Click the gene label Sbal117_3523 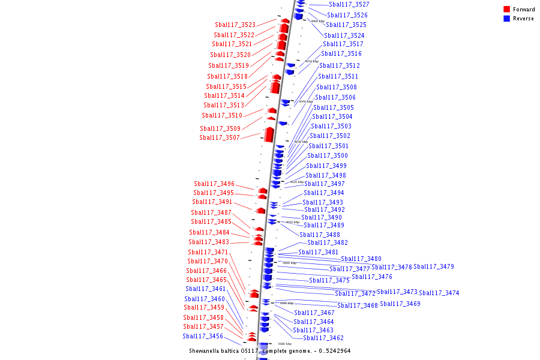pyautogui.click(x=235, y=25)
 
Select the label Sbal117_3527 pyautogui.click(x=349, y=5)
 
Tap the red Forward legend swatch pyautogui.click(x=506, y=10)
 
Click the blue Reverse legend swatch pyautogui.click(x=506, y=19)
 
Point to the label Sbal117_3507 pyautogui.click(x=220, y=138)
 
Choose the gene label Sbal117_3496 pyautogui.click(x=214, y=184)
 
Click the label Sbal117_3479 pyautogui.click(x=434, y=267)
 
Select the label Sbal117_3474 pyautogui.click(x=439, y=293)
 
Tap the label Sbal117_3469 pyautogui.click(x=400, y=304)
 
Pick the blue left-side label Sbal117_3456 pyautogui.click(x=203, y=337)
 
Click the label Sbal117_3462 pyautogui.click(x=323, y=338)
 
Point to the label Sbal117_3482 pyautogui.click(x=328, y=243)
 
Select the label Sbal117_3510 pyautogui.click(x=222, y=116)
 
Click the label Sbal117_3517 pyautogui.click(x=343, y=44)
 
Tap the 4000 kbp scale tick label pyautogui.click(x=289, y=263)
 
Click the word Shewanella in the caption pyautogui.click(x=205, y=351)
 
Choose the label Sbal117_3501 pyautogui.click(x=328, y=146)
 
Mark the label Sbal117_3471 pyautogui.click(x=208, y=253)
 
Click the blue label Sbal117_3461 pyautogui.click(x=206, y=289)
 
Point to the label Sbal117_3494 pyautogui.click(x=324, y=193)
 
